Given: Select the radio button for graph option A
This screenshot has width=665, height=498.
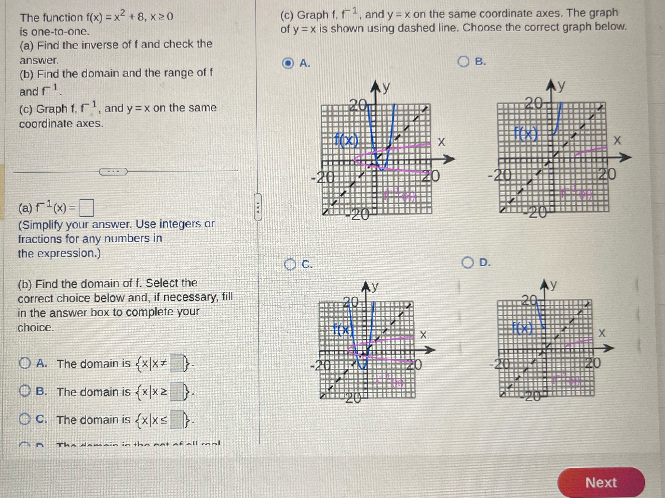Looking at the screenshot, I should [288, 63].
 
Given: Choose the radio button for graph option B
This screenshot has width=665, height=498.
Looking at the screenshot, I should [463, 62].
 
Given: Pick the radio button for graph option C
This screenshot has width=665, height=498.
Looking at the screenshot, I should [290, 264].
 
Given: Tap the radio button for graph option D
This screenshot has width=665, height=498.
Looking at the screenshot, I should [467, 263].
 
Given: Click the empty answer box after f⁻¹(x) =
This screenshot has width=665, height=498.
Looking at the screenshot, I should [86, 208].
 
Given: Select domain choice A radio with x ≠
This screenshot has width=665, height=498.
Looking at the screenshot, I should [25, 363].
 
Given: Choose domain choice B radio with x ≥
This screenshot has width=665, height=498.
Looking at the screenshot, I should [25, 391].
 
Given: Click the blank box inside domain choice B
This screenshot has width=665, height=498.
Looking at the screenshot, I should [177, 391].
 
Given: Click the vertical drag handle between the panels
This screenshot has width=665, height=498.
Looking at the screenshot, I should [258, 207].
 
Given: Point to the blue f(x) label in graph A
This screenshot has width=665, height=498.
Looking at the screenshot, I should [347, 140].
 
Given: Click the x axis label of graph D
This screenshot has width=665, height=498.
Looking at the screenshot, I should [602, 333].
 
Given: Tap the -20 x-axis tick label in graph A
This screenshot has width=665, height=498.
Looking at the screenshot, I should [323, 178].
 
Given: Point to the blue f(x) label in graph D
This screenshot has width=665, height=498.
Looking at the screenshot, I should [522, 328].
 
